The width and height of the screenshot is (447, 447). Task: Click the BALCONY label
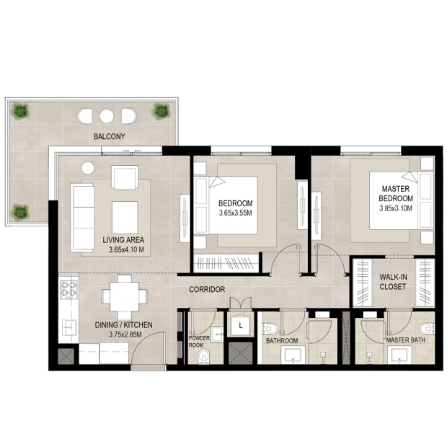(109, 136)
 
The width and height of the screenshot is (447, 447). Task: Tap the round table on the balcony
(107, 116)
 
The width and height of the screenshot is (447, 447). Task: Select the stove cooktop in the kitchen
(69, 289)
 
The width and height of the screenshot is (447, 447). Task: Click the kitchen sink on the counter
(69, 327)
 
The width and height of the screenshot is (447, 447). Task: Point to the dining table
(125, 296)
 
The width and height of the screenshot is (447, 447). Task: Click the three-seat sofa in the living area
(83, 218)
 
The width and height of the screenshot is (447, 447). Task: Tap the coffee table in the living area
(125, 218)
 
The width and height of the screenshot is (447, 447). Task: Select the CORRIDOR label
(207, 289)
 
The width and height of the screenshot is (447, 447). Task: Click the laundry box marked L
(241, 325)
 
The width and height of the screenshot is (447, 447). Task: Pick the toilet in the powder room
(203, 356)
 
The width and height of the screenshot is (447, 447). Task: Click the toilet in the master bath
(427, 329)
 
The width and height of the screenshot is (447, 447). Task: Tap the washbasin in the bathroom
(293, 355)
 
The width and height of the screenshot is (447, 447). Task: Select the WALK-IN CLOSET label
(393, 282)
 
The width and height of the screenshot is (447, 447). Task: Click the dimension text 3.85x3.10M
(396, 208)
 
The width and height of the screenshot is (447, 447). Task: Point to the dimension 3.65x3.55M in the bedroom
(235, 213)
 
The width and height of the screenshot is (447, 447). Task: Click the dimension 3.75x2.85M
(125, 335)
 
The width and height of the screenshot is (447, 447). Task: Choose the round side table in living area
(88, 168)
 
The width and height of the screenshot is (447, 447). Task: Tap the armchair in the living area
(125, 177)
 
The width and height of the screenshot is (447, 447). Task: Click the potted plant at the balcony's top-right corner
(161, 111)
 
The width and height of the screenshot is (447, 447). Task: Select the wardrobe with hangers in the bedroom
(226, 262)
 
